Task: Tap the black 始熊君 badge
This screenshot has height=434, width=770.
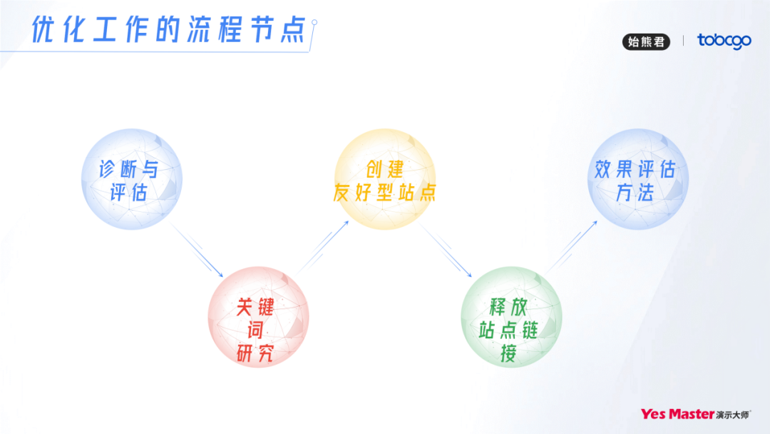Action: [x=646, y=41]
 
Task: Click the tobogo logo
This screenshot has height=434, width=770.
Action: [x=724, y=41]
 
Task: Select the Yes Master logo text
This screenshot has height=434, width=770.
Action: [x=677, y=414]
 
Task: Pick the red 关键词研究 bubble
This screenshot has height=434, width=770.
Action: [x=258, y=317]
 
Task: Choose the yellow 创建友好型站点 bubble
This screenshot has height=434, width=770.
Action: [x=385, y=179]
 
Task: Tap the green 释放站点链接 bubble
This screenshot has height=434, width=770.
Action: [x=511, y=317]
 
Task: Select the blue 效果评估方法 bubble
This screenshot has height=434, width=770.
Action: [x=637, y=179]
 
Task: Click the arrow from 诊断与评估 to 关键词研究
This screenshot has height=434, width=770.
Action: [x=197, y=251]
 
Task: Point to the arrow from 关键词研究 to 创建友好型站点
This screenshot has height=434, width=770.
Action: [x=324, y=246]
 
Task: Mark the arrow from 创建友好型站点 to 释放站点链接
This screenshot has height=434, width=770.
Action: [x=447, y=251]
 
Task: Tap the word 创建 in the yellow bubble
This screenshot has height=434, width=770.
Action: [x=385, y=169]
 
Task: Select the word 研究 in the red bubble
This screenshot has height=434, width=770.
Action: [x=255, y=354]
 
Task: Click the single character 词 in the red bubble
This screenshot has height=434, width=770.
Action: [x=255, y=331]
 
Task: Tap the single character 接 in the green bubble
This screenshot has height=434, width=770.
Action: [x=508, y=353]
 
